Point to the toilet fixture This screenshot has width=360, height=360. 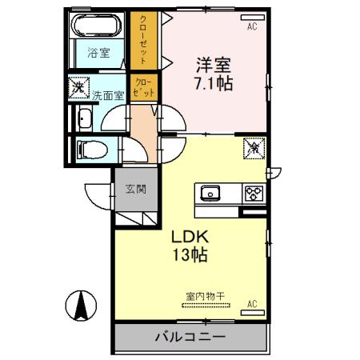[x=87, y=150]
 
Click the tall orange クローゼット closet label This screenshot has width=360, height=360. [x=145, y=40]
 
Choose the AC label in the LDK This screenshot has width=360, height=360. [x=252, y=304]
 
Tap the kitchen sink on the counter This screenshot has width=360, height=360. [x=210, y=193]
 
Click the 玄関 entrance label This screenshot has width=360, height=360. [x=135, y=190]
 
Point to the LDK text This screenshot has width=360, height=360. [x=190, y=238]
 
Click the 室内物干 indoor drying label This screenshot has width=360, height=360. [x=206, y=295]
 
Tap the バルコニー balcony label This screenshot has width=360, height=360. [x=190, y=337]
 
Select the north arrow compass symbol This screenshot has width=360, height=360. [x=81, y=305]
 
